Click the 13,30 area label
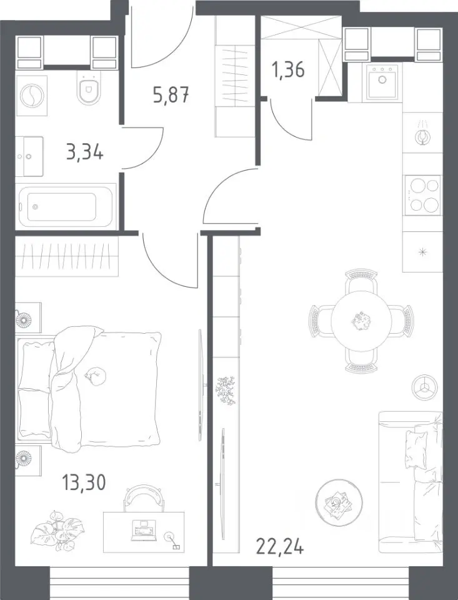(x=83, y=482)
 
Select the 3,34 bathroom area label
(x=84, y=152)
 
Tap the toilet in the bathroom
(x=89, y=87)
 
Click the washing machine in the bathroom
(x=32, y=95)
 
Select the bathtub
(x=66, y=207)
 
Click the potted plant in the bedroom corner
(x=57, y=530)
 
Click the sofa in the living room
(x=411, y=482)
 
